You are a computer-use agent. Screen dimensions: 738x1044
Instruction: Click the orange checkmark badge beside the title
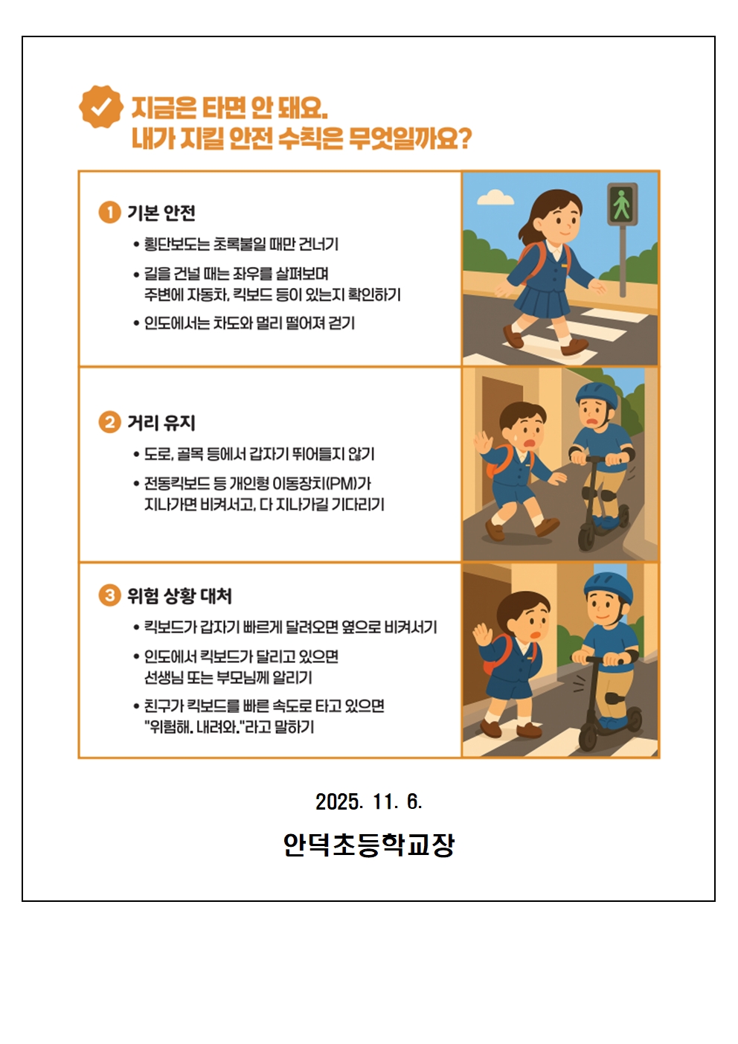coord(101,106)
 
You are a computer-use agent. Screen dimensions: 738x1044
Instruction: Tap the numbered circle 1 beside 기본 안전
coord(109,213)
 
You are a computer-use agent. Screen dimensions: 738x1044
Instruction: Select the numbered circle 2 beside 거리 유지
coord(109,422)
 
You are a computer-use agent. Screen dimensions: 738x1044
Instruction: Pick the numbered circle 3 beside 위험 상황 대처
coord(109,595)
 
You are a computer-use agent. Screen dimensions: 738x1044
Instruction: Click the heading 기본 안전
coord(161,213)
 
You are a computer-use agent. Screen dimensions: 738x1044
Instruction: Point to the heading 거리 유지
coord(161,422)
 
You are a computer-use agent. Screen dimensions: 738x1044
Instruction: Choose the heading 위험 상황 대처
coord(179,595)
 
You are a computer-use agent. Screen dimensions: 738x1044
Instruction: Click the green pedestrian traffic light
coord(622,204)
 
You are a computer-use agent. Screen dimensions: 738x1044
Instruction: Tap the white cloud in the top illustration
coord(495,197)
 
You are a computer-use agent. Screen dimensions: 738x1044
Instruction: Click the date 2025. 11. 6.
coord(368,801)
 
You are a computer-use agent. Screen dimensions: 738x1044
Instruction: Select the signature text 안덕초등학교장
coord(368,845)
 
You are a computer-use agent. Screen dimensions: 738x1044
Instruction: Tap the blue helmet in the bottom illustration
coord(608,588)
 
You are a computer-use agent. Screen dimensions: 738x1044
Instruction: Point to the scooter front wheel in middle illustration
coord(585,537)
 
